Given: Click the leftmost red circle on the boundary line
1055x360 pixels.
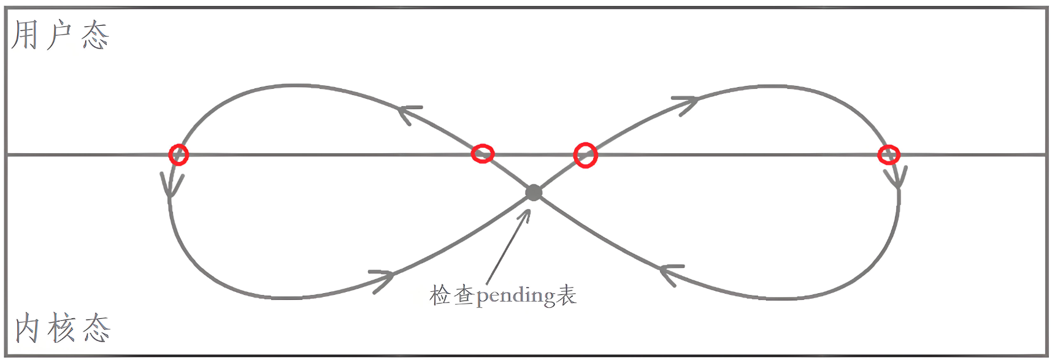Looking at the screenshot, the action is [178, 155].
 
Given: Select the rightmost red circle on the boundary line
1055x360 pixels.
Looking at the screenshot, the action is [889, 155].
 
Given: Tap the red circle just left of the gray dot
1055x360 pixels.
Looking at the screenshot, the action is [483, 153].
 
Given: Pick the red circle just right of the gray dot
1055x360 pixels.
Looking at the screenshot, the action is [585, 155].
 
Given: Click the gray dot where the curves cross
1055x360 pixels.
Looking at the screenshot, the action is [534, 193].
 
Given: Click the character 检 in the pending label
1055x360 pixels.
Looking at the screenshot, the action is [440, 296].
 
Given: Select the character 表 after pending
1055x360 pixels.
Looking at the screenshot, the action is [567, 296].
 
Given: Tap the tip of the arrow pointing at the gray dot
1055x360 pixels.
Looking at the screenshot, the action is [528, 212].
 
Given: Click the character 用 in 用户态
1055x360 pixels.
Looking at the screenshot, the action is [25, 35].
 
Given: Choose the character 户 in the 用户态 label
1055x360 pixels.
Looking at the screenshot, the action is [59, 35].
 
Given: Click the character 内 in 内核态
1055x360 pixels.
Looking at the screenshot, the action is [28, 329].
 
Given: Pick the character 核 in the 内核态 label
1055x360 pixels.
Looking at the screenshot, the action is [62, 329].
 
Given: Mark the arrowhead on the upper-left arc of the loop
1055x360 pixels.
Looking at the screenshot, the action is [407, 112].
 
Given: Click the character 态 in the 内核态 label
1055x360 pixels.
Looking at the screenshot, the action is [97, 329].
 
